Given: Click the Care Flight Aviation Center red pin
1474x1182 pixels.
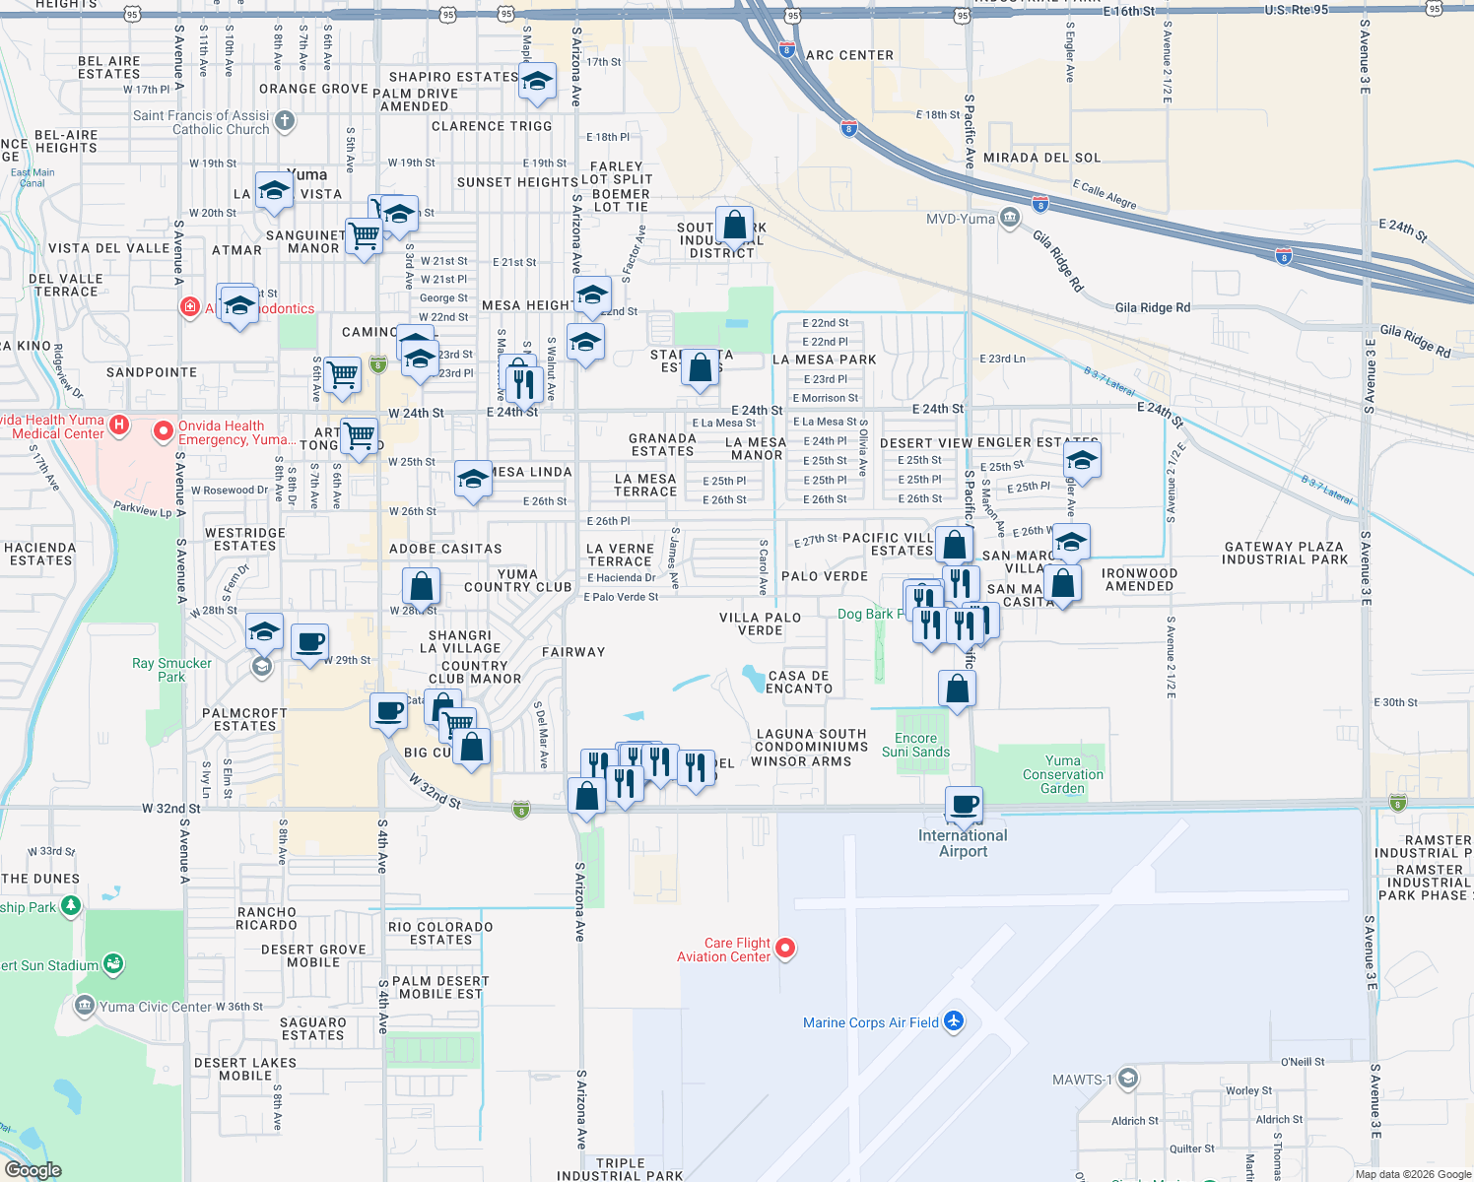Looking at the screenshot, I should [785, 949].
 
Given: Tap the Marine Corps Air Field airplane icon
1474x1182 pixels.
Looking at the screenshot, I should [953, 1021].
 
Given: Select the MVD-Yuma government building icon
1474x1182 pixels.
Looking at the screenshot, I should [1010, 218].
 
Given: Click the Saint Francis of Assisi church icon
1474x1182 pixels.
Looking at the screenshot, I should [285, 121].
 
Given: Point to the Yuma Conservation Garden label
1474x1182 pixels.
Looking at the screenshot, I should [1062, 774].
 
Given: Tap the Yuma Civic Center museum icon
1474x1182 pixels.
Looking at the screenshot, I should [85, 1006].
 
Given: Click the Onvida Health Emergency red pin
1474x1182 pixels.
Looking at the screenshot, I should [164, 431].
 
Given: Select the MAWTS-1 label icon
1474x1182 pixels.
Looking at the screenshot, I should [1128, 1079].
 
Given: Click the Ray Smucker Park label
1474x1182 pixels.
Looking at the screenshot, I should [171, 670].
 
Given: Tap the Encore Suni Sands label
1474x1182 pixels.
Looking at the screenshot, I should [915, 745].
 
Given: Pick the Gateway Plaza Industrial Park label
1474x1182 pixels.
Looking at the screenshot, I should [1284, 553].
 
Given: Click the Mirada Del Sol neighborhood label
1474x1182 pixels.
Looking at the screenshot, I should [1041, 158].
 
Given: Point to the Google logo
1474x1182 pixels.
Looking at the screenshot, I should [33, 1169].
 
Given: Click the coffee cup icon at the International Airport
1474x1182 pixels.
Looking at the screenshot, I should [964, 804].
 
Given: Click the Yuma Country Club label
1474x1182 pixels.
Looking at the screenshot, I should [517, 580].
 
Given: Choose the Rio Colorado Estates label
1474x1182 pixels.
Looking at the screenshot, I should [440, 933].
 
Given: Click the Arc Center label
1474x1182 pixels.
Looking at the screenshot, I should [849, 55].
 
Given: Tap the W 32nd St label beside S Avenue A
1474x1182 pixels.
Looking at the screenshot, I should [170, 809].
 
